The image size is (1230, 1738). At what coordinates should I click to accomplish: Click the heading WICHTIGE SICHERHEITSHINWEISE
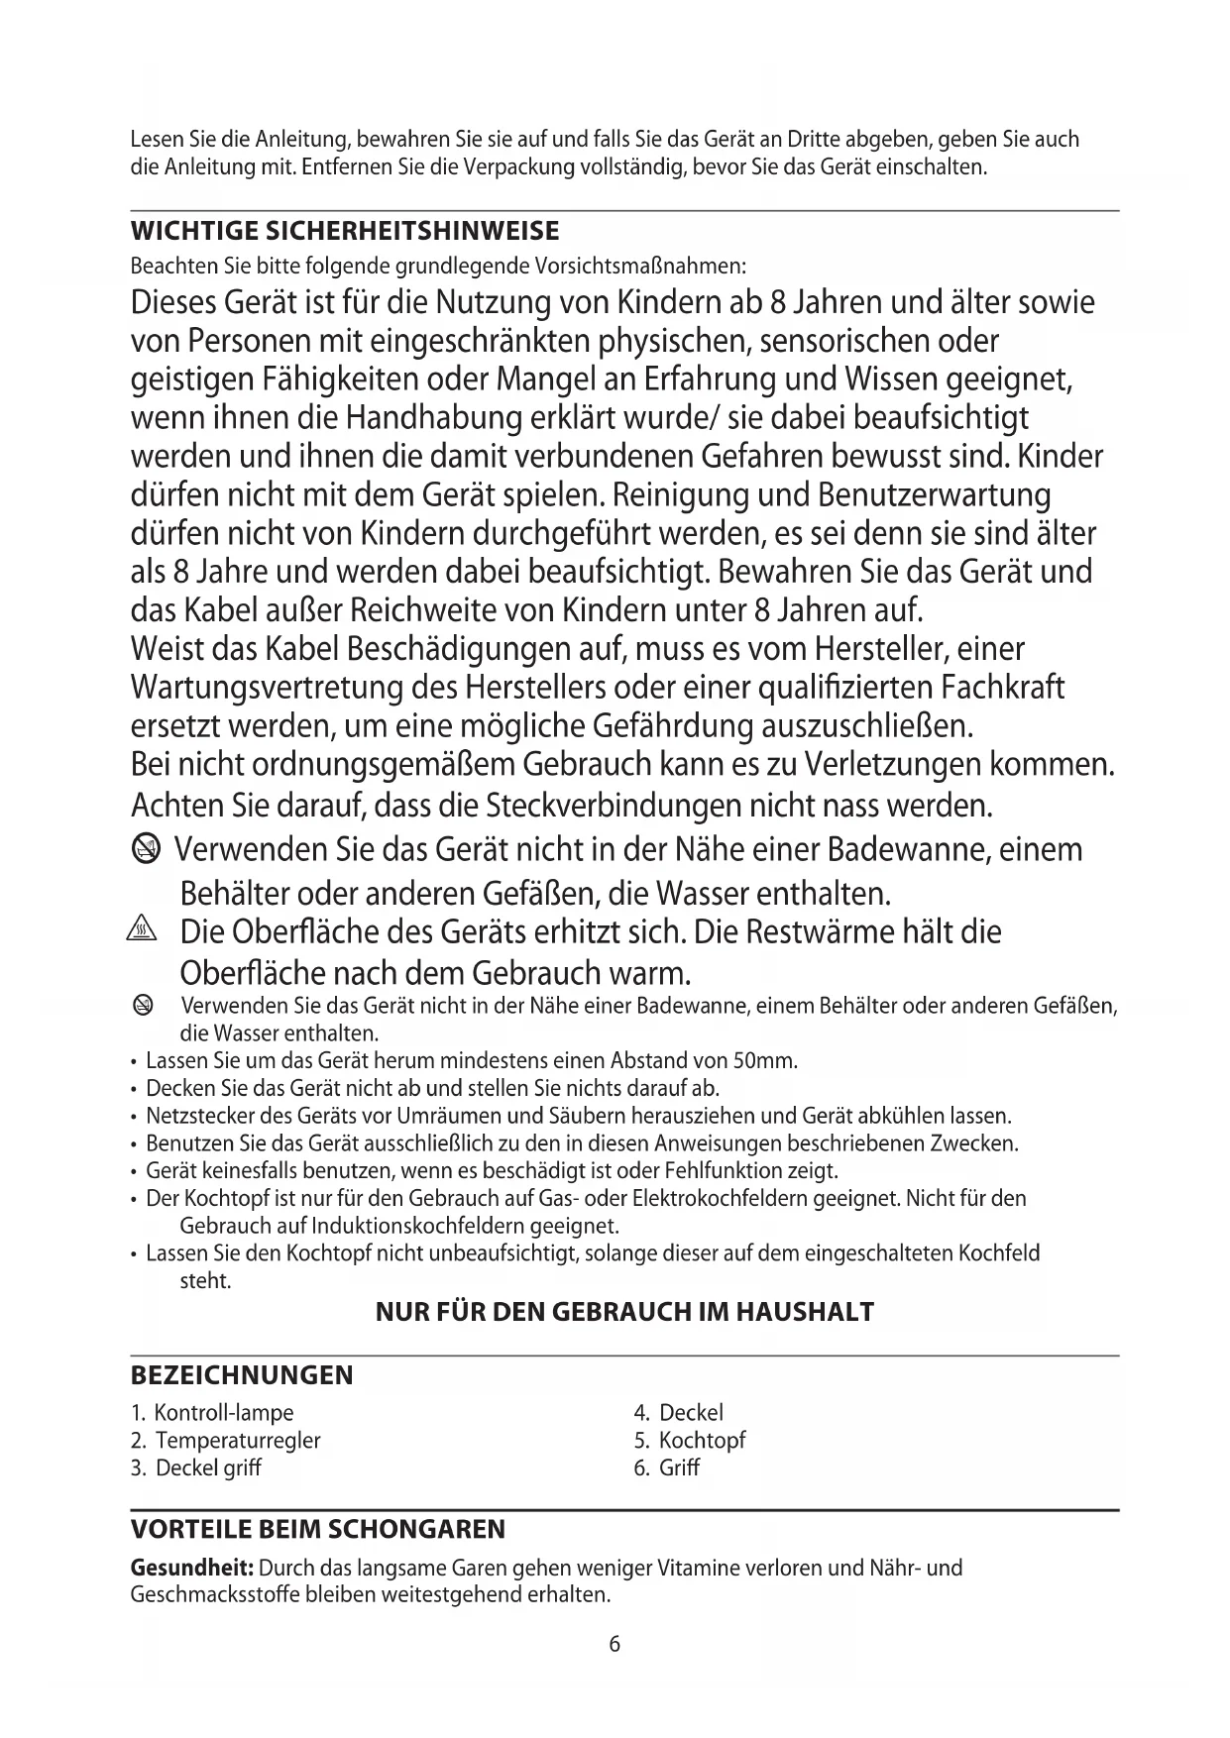point(345,232)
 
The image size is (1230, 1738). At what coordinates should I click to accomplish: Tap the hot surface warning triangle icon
point(144,931)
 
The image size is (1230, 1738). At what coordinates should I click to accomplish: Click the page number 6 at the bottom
point(615,1645)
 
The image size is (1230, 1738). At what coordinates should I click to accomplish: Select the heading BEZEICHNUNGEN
point(242,1375)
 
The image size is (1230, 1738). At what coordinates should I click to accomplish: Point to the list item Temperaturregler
point(238,1440)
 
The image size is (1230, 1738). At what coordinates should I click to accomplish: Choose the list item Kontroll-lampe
point(224,1412)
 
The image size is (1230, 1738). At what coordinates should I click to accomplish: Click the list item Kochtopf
point(702,1440)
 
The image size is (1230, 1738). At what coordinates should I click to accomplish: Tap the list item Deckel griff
point(208,1467)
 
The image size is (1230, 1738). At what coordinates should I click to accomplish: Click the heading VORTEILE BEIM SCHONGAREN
point(318,1529)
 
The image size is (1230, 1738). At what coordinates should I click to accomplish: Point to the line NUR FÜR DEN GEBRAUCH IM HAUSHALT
point(624,1312)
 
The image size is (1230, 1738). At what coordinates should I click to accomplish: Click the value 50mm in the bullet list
point(771,1061)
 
